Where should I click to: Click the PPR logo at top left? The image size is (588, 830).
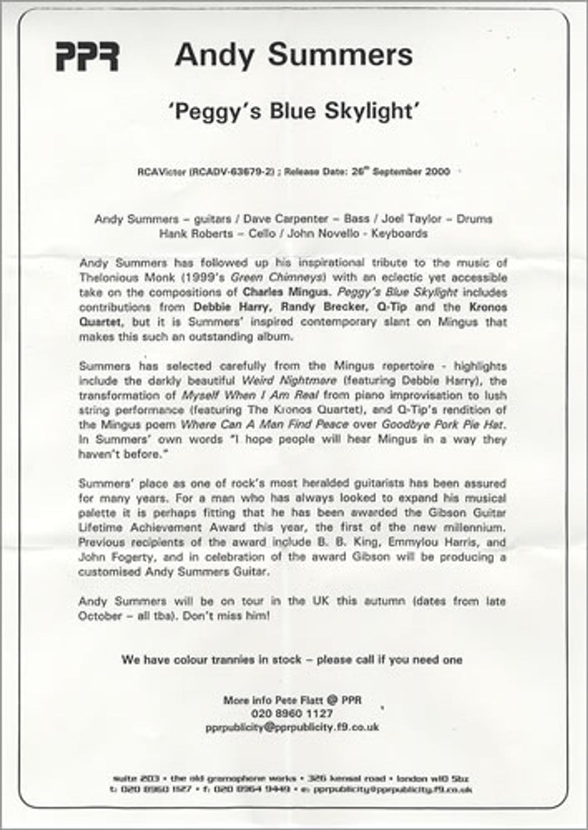[87, 57]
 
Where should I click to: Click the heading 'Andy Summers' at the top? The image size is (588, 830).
[293, 55]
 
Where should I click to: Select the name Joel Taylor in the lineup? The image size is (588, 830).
[412, 219]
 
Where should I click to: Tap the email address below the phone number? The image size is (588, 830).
[292, 727]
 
